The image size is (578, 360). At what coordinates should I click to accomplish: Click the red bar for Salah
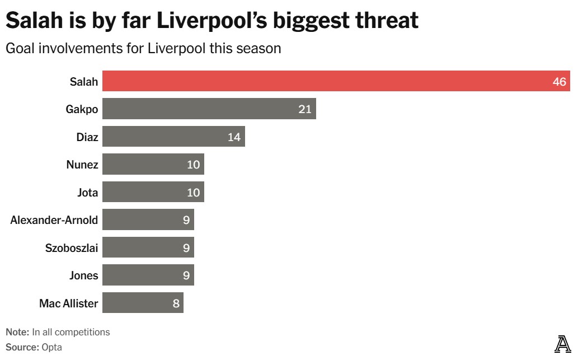click(x=336, y=81)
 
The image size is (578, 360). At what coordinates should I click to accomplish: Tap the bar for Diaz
click(x=173, y=137)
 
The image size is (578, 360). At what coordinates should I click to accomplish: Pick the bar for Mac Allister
click(x=143, y=303)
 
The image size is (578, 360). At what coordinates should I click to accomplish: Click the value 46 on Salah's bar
click(x=560, y=82)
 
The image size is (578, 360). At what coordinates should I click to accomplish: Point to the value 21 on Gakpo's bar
click(x=304, y=109)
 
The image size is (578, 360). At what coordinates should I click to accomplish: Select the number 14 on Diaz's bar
click(x=234, y=137)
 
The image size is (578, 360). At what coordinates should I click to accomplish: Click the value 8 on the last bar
click(x=176, y=304)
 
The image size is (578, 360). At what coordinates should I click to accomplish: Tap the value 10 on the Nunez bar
click(x=193, y=165)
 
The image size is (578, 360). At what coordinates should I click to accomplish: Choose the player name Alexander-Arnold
click(x=54, y=220)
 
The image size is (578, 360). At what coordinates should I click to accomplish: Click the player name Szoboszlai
click(x=71, y=248)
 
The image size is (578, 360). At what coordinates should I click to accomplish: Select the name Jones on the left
click(x=83, y=275)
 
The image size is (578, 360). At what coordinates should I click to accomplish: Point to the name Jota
click(x=87, y=193)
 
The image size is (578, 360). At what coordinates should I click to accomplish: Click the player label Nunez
click(x=82, y=165)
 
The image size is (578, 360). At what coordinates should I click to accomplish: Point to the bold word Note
click(x=17, y=332)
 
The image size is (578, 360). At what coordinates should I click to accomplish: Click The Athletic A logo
click(x=562, y=344)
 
